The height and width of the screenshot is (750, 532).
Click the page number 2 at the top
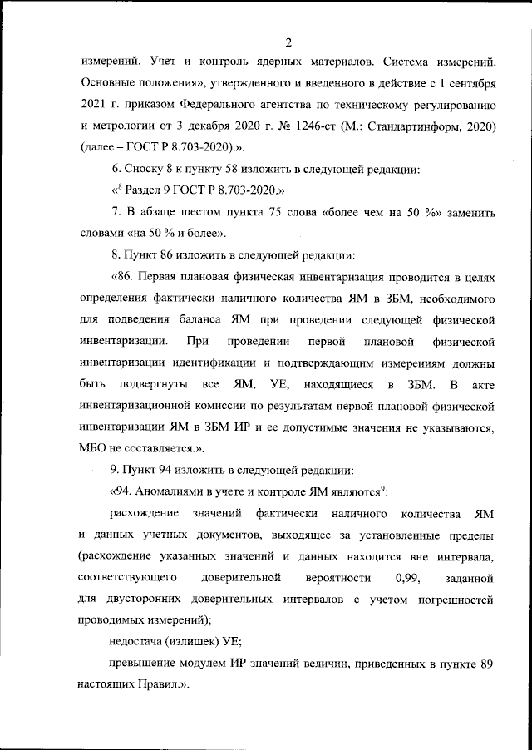288,42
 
